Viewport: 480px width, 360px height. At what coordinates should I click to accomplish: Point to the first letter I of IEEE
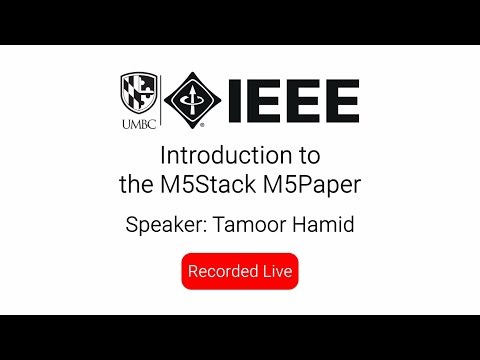tap(235, 101)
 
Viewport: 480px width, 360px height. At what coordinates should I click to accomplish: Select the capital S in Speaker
tap(131, 225)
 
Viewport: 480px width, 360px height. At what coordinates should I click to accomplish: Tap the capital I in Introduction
tap(164, 156)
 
